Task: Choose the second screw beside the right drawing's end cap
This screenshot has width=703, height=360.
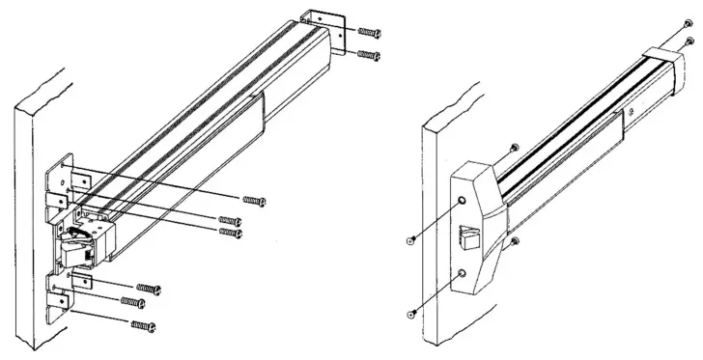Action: pos(690,40)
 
